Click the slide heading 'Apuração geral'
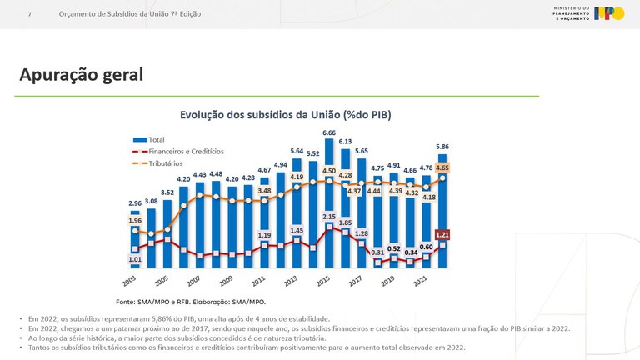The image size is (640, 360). tap(82, 75)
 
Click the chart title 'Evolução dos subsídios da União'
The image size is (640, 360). tap(286, 114)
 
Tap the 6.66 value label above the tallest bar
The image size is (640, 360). tap(329, 132)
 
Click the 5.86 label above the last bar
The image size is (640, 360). tap(442, 147)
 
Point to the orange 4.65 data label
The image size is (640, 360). tap(442, 167)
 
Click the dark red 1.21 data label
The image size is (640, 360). tap(442, 234)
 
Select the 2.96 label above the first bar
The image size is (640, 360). tap(135, 203)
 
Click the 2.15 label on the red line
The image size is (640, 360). tap(329, 217)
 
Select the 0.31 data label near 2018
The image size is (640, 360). tap(377, 252)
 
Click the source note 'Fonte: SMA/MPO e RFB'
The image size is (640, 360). tap(190, 301)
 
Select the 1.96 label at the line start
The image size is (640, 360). tap(135, 221)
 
